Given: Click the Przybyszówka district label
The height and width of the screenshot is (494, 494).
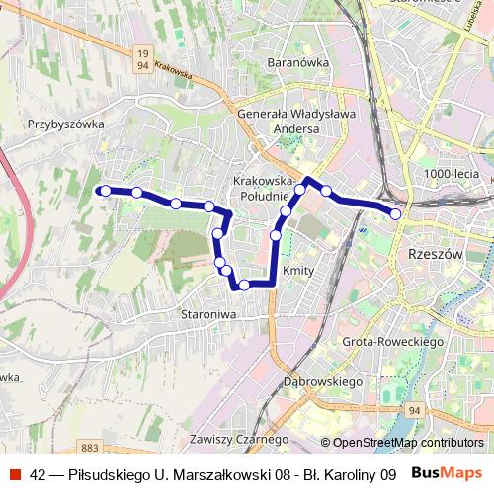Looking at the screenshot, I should click(66, 124).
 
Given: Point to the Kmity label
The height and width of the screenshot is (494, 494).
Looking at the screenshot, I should click(297, 270).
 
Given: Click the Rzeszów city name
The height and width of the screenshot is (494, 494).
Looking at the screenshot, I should click(435, 253).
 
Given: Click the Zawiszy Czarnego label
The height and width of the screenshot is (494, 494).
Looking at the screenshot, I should click(240, 439).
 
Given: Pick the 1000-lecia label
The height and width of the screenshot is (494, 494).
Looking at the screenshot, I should click(451, 174).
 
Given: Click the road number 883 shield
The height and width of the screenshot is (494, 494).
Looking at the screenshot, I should click(91, 421).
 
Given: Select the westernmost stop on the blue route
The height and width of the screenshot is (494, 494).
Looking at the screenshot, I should click(105, 190).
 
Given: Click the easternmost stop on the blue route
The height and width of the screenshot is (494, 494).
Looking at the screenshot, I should click(395, 213).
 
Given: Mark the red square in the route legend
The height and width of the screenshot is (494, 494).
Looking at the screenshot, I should click(14, 474).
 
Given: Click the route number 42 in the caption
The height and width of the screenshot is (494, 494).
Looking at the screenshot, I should click(39, 474).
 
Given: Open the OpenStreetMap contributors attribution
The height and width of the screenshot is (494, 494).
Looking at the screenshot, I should click(408, 443).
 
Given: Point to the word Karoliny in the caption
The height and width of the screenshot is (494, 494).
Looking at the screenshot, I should click(347, 474).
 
